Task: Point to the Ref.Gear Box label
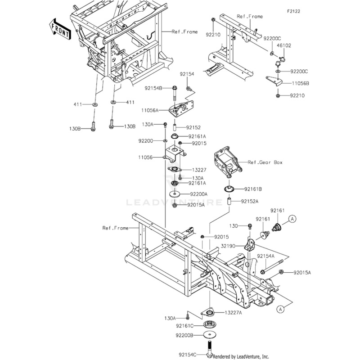click(x=265, y=162)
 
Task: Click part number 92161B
click(x=253, y=189)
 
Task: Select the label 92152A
click(x=250, y=201)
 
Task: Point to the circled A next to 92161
click(x=292, y=219)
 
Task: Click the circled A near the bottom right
click(x=280, y=309)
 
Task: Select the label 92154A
click(x=266, y=256)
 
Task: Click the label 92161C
click(x=185, y=325)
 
